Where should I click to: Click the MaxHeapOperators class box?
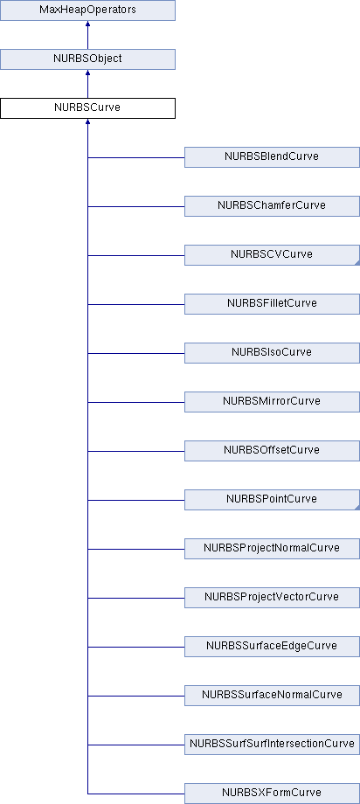(87, 10)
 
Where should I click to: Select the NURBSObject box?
(87, 59)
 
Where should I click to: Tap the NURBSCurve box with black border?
(87, 108)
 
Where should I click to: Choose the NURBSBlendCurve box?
(272, 157)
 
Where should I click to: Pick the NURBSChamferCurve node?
(272, 206)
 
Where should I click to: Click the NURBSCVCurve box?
(272, 255)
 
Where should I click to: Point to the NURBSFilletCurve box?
(272, 304)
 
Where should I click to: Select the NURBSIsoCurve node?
(272, 353)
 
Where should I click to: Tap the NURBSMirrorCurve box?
(272, 402)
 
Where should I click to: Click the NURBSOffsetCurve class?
(272, 451)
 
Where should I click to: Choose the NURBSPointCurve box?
(272, 500)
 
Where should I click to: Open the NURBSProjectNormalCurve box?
(272, 549)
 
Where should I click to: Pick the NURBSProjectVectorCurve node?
(272, 598)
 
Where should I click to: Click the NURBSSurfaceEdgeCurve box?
(272, 647)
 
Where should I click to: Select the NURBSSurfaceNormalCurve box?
(272, 696)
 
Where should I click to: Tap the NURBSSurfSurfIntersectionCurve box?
(272, 745)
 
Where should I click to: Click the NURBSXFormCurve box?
(272, 794)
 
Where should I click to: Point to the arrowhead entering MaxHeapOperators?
(87, 24)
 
